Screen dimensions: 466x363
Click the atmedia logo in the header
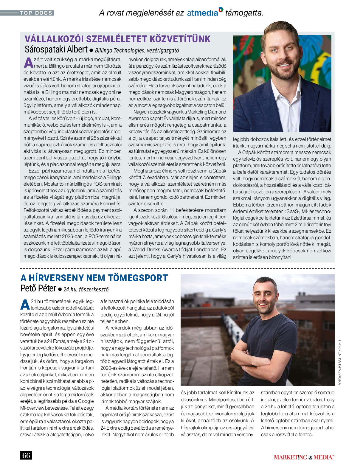205,13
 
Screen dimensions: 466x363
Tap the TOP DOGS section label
36,13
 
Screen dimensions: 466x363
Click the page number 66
26,455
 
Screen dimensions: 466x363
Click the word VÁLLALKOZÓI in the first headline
56,39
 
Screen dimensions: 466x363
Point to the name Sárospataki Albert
56,49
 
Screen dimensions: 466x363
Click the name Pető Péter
38,288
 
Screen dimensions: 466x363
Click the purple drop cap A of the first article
29,63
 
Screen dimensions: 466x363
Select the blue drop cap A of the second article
25,305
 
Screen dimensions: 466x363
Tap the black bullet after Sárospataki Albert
91,50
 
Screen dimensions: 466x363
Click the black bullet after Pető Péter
60,289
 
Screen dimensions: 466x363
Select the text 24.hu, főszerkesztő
86,289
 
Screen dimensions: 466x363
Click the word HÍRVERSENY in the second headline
58,278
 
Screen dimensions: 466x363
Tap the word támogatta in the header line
244,13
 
